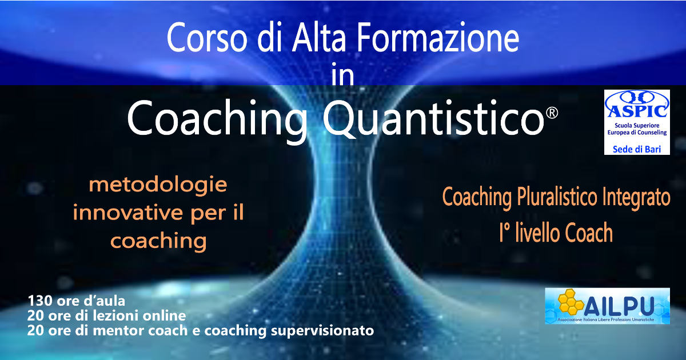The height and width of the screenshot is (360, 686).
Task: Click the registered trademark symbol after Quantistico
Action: pyautogui.click(x=552, y=113)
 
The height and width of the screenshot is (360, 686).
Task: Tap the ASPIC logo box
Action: pyautogui.click(x=637, y=121)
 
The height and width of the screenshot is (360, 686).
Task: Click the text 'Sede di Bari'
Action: pyautogui.click(x=637, y=148)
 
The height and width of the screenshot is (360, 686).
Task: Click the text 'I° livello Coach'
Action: pyautogui.click(x=556, y=233)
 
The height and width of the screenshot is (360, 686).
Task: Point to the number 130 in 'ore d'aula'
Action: pyautogui.click(x=37, y=301)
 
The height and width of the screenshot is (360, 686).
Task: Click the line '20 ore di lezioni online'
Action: pyautogui.click(x=106, y=315)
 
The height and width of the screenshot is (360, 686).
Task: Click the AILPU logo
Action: pyautogui.click(x=607, y=307)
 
